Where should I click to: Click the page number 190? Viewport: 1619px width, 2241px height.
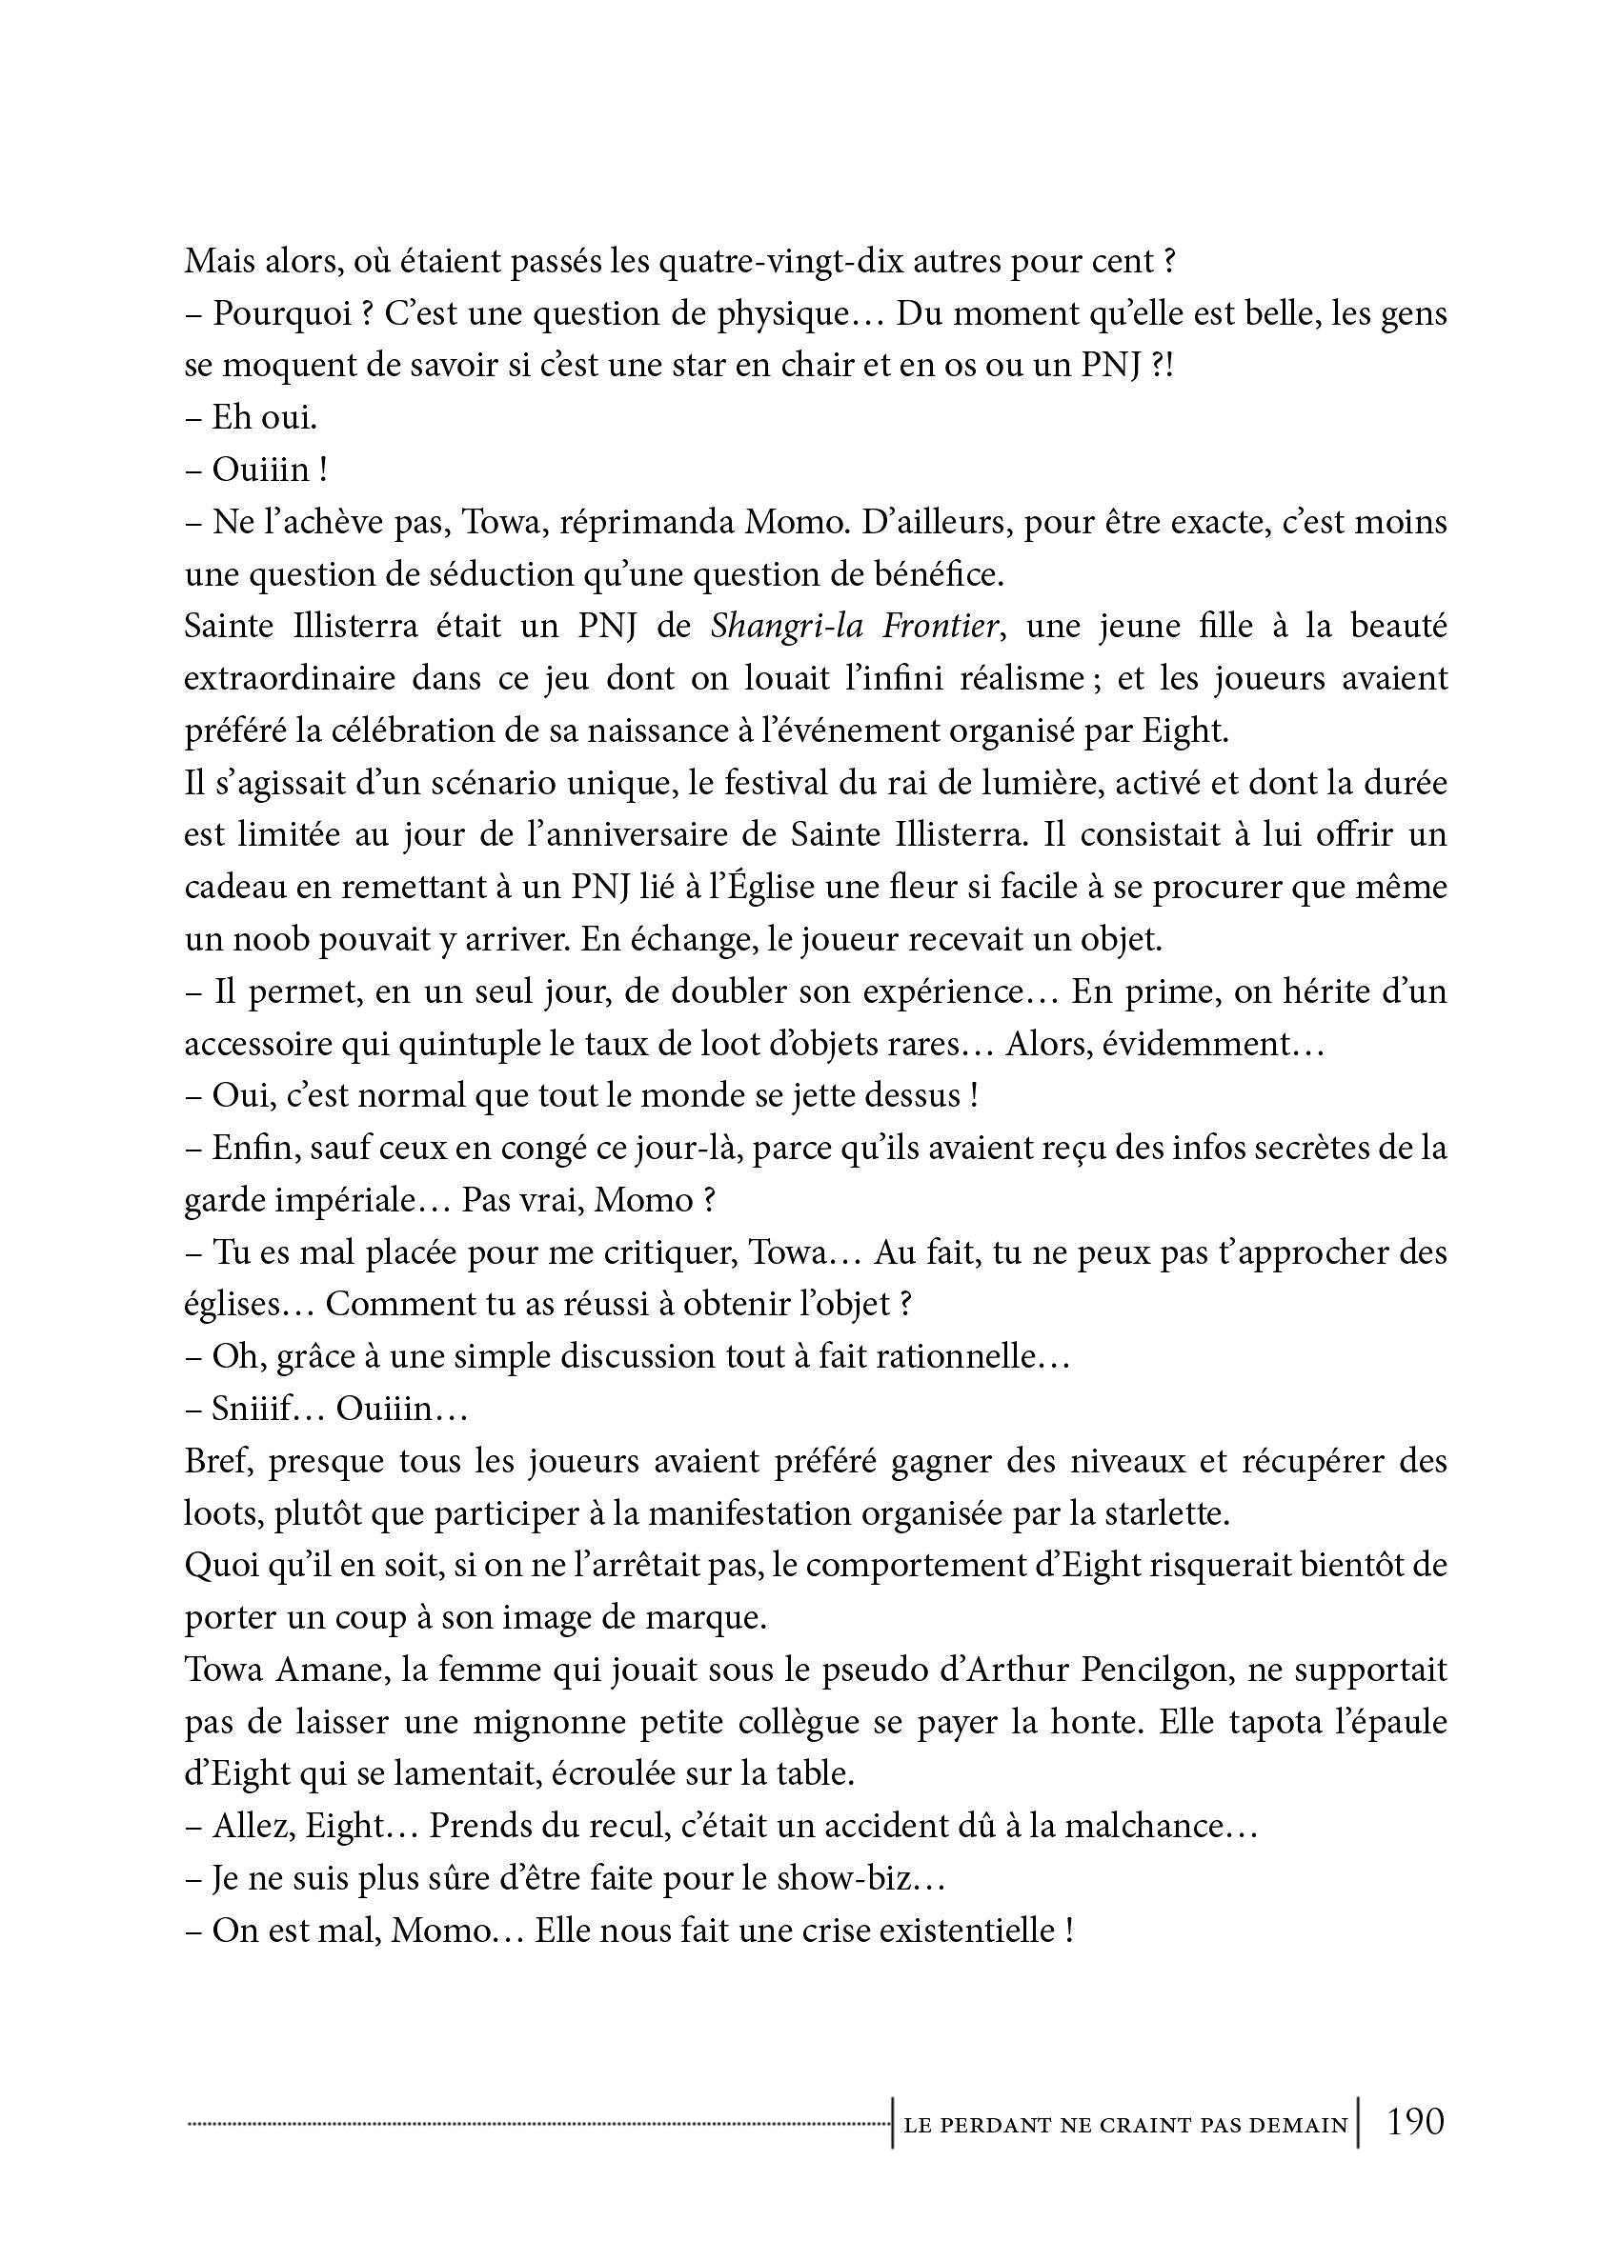[1415, 2121]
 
